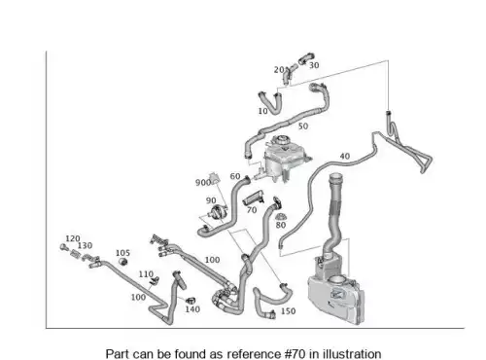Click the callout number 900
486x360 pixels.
[203, 183]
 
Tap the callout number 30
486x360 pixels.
[314, 65]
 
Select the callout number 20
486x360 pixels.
[279, 70]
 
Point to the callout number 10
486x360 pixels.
[262, 111]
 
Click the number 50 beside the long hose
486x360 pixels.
[303, 126]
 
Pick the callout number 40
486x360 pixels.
[345, 157]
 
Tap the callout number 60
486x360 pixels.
[235, 176]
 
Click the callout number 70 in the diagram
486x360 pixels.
[252, 210]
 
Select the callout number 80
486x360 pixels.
[281, 225]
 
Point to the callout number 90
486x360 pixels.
[211, 200]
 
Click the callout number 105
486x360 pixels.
[122, 253]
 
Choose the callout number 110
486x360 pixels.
[146, 274]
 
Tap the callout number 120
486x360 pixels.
[73, 238]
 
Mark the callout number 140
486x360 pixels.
[192, 309]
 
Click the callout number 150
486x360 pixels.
[288, 311]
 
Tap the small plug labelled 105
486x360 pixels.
[122, 261]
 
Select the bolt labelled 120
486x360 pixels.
[63, 247]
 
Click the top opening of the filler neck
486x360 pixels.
[335, 177]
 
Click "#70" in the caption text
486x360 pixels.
[295, 353]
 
